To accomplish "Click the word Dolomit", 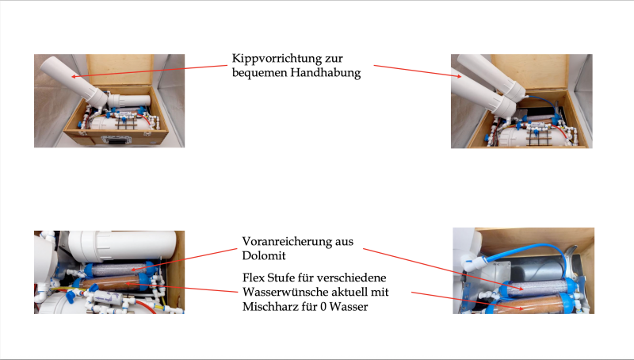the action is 264,255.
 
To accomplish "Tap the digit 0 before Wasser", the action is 323,307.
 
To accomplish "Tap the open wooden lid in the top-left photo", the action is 120,70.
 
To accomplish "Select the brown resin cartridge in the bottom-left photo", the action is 109,282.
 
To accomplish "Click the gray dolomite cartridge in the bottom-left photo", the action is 118,269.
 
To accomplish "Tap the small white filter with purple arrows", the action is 107,298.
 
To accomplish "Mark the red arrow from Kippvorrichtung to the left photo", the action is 150,71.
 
